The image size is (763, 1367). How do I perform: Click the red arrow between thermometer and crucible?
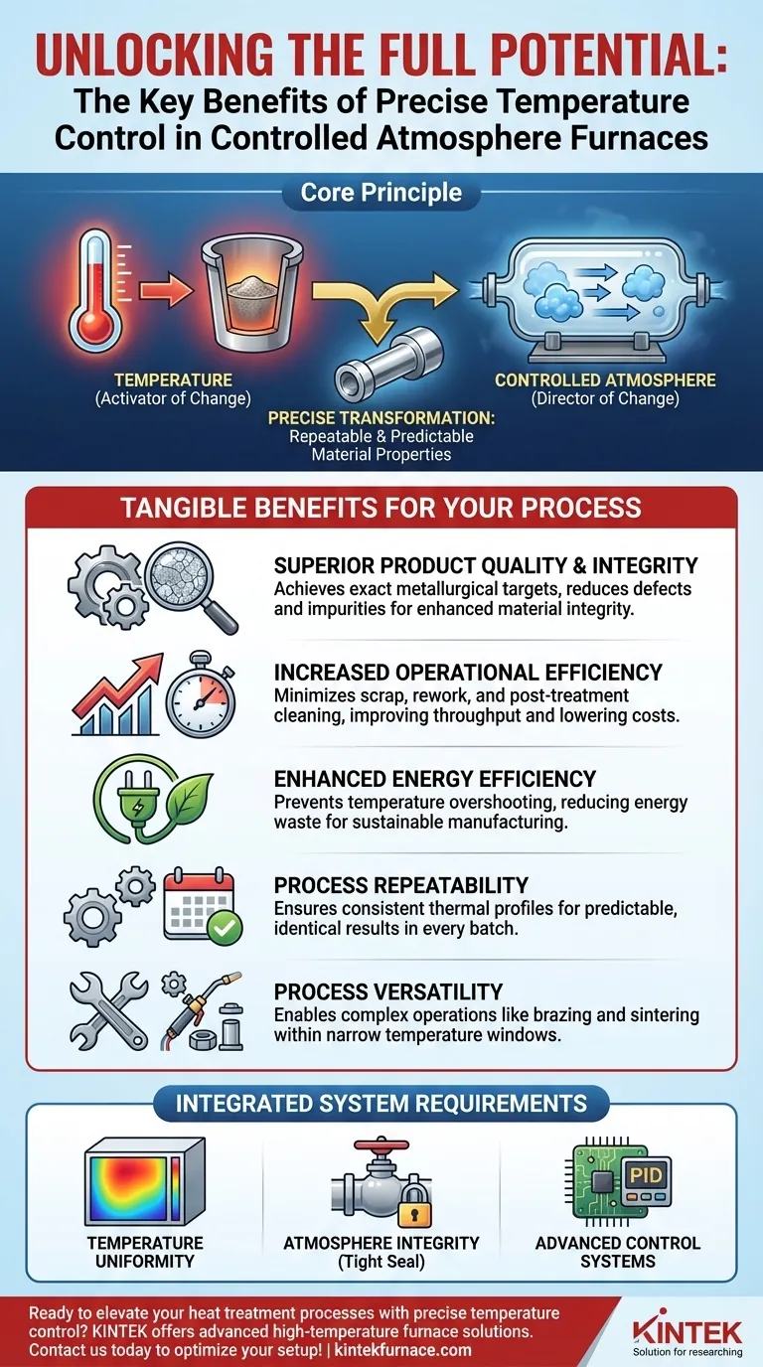coord(166,290)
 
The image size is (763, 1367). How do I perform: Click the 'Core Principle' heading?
coord(381,193)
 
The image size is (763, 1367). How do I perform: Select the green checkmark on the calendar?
coord(225,928)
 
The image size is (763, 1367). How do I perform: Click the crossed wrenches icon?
coord(108,1011)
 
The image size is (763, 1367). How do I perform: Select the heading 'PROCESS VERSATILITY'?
coord(388,991)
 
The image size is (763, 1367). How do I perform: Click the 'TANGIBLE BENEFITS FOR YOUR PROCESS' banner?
coord(381,508)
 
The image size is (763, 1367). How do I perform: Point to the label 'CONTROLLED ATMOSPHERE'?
coord(605,380)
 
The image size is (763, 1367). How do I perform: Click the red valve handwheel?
coord(382,1144)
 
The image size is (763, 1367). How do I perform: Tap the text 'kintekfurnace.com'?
coord(403,1349)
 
